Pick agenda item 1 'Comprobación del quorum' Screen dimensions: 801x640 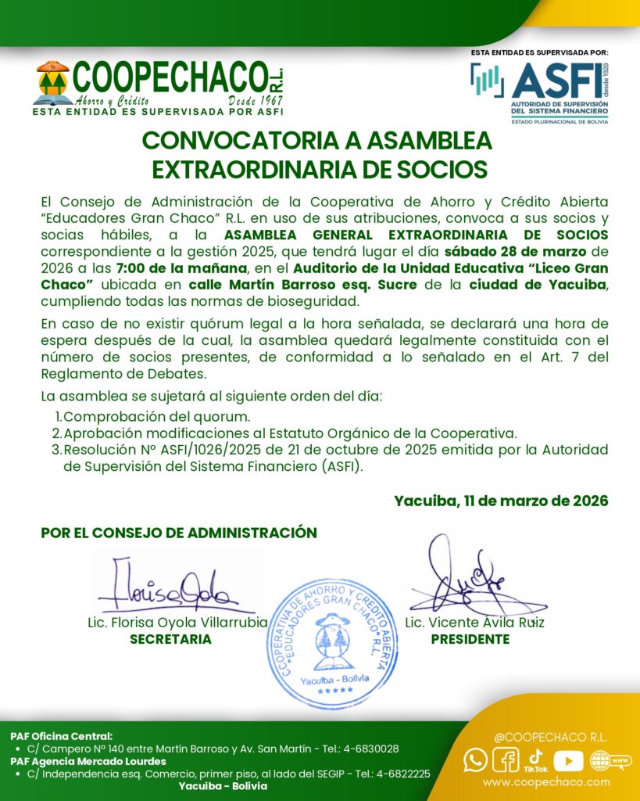(x=156, y=416)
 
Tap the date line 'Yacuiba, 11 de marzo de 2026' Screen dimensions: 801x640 (x=501, y=501)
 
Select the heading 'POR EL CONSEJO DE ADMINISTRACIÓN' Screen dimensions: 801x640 (x=179, y=533)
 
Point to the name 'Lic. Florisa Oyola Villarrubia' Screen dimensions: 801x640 (x=177, y=623)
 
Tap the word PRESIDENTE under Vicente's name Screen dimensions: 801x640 (x=470, y=639)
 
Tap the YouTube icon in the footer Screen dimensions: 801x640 (x=568, y=760)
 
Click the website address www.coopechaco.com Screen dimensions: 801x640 (x=546, y=781)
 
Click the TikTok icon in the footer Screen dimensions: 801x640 (x=536, y=759)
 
